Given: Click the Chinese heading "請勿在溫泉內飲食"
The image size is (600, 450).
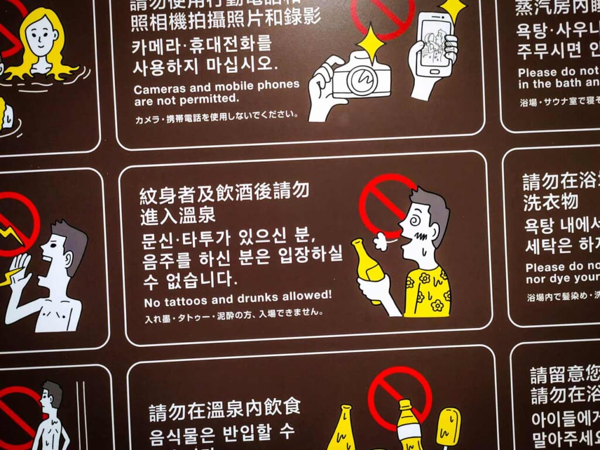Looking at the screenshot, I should (x=224, y=408).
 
